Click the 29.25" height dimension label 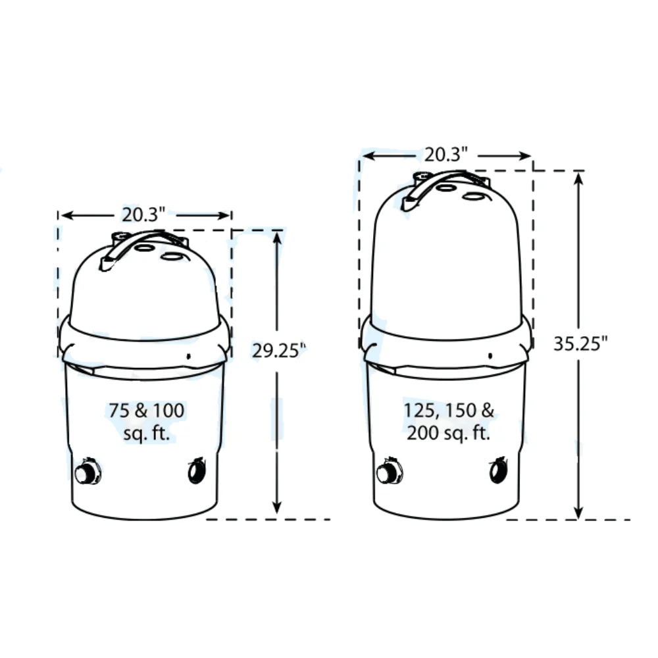click(x=279, y=350)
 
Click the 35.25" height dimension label click(x=580, y=343)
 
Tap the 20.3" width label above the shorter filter click(x=144, y=215)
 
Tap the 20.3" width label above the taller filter click(x=445, y=155)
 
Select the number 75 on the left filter click(x=119, y=411)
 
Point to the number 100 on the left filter click(x=168, y=411)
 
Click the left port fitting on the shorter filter click(x=88, y=473)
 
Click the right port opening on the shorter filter click(x=196, y=471)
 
